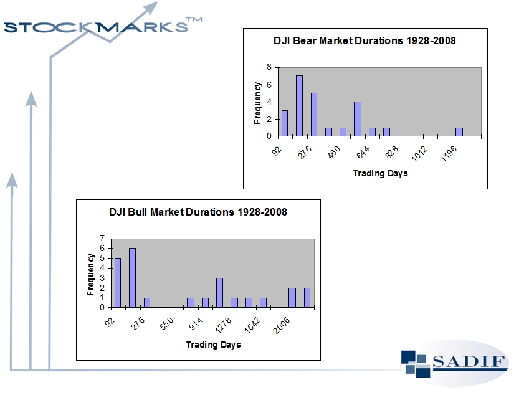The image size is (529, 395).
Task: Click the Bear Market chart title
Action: click(x=365, y=41)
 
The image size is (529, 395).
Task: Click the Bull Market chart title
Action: click(x=198, y=212)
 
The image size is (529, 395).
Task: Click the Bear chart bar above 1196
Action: click(x=459, y=131)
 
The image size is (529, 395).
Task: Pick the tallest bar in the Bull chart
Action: click(x=132, y=277)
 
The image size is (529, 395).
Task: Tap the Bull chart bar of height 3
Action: click(x=219, y=292)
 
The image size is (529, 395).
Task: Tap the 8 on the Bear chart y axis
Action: click(x=269, y=67)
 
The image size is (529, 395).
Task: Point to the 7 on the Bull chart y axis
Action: click(x=102, y=239)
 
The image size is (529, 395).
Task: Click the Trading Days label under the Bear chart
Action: click(x=380, y=173)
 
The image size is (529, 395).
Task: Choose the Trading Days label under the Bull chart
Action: click(x=213, y=345)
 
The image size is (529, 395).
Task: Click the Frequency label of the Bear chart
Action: click(x=258, y=102)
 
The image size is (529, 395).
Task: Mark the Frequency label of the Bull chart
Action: click(x=91, y=274)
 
